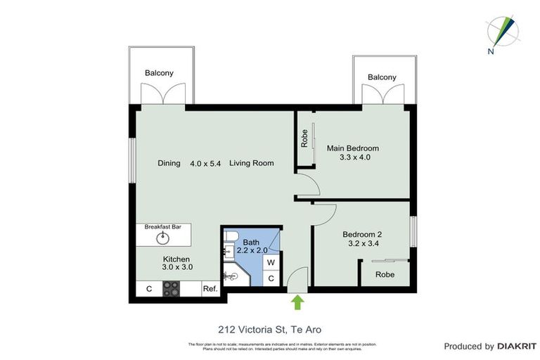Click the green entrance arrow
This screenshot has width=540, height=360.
tap(297, 302)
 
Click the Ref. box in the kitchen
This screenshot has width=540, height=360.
tap(210, 288)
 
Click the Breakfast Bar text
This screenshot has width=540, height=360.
tap(163, 227)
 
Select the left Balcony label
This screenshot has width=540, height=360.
tap(159, 73)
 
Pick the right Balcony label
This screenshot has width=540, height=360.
tap(382, 77)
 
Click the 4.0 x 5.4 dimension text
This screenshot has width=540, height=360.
tap(205, 163)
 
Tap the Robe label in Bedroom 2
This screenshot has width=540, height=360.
tap(384, 274)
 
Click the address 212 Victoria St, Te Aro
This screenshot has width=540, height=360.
tap(269, 328)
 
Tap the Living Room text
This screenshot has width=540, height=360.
tap(251, 163)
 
